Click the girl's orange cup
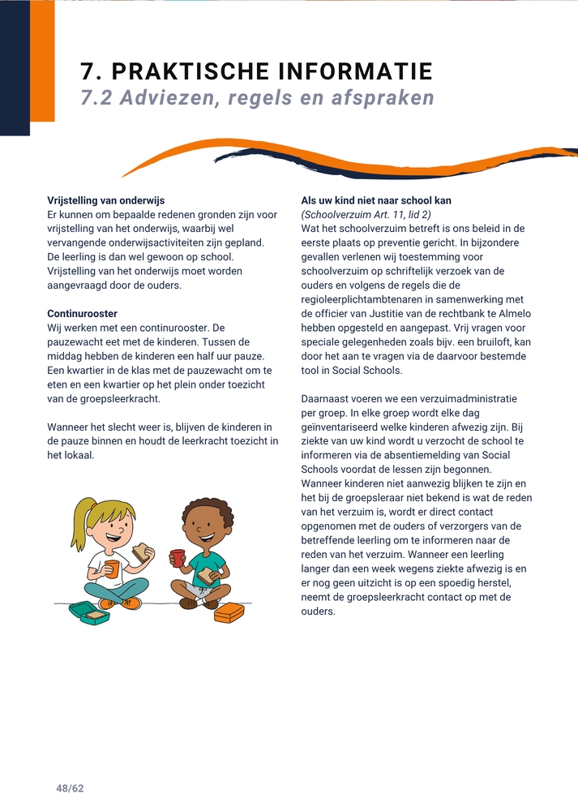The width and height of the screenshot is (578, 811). (112, 567)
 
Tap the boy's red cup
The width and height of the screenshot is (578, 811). (178, 558)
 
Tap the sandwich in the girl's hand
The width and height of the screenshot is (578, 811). (143, 553)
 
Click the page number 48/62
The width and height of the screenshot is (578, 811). (70, 787)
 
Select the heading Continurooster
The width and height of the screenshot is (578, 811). (83, 313)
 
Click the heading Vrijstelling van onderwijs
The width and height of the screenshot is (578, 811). (112, 200)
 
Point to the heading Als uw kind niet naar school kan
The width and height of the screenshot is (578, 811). (376, 200)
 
